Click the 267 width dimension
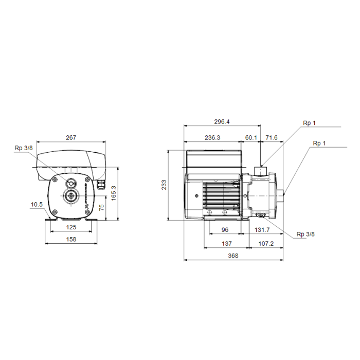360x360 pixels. (71, 137)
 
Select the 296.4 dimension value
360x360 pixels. (222, 122)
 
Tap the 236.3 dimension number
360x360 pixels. (212, 137)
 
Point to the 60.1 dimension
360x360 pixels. (251, 137)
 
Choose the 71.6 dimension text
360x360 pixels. (272, 137)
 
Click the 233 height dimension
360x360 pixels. (164, 185)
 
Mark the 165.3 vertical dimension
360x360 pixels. (114, 193)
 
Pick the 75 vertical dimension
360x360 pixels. (101, 208)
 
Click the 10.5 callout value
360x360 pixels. (37, 204)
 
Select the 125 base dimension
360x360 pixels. (71, 227)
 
